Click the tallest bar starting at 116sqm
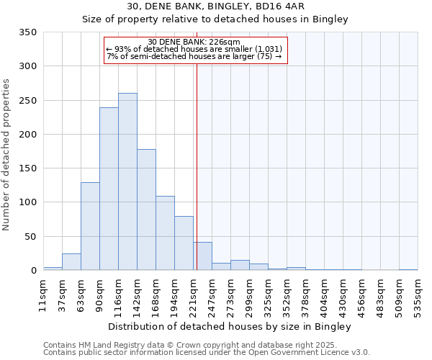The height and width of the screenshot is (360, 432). click(x=127, y=181)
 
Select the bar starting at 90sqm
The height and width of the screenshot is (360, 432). click(x=109, y=189)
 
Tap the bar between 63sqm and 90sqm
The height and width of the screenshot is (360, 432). click(x=90, y=226)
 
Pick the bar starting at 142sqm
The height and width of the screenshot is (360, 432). click(x=146, y=210)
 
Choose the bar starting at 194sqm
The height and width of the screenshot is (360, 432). click(x=184, y=243)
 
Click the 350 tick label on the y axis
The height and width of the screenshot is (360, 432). click(x=28, y=32)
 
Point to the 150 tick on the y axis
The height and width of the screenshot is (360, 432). click(x=28, y=168)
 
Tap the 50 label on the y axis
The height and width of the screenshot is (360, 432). click(x=31, y=236)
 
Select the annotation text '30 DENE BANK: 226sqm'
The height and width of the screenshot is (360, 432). click(x=194, y=42)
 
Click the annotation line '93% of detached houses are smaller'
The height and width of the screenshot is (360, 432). click(x=194, y=49)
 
